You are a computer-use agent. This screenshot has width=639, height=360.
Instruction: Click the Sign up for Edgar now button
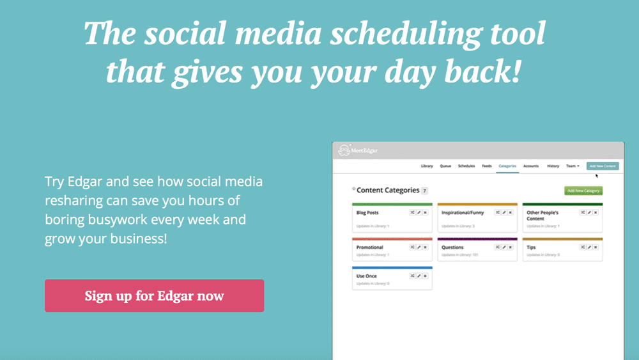(x=154, y=296)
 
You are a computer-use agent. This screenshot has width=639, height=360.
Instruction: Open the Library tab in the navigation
(x=427, y=166)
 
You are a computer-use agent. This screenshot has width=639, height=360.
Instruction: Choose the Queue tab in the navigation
(x=445, y=166)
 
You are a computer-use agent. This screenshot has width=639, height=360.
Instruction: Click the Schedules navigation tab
(x=466, y=166)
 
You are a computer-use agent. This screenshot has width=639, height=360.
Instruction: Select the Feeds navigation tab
(x=487, y=166)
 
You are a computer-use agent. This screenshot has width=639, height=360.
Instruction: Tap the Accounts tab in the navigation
(x=531, y=166)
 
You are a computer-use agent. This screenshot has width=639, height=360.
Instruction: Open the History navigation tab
(x=553, y=166)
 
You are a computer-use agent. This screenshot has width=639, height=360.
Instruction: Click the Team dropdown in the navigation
(x=573, y=166)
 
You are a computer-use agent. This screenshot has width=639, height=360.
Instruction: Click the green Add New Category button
(x=583, y=191)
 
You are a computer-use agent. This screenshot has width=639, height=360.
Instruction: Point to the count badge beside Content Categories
(x=425, y=191)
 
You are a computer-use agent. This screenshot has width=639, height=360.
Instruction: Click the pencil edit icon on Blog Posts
(x=419, y=212)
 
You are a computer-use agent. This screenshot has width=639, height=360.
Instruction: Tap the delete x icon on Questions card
(x=511, y=247)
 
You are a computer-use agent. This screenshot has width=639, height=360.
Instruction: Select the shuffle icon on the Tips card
(x=582, y=247)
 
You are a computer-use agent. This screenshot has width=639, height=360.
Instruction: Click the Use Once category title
(x=367, y=276)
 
